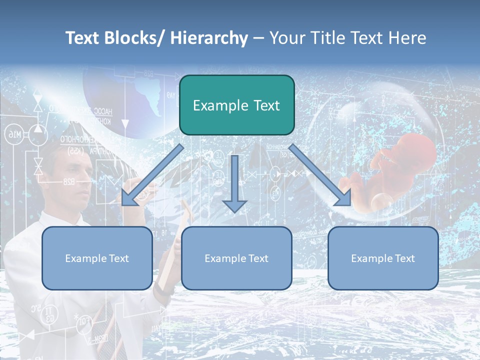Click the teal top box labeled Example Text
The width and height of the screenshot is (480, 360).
pos(236,105)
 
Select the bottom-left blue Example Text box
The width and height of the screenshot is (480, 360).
pos(97,258)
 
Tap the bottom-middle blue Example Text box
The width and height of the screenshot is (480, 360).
pos(236,258)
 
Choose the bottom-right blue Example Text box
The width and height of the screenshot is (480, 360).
pos(383,258)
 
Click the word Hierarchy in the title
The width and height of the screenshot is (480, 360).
pos(209,38)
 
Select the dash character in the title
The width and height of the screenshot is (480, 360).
pos(258,38)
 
